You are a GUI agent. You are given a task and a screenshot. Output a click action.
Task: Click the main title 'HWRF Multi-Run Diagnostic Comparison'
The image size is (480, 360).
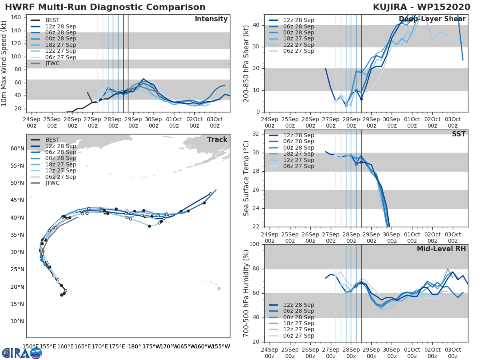click(x=105, y=7)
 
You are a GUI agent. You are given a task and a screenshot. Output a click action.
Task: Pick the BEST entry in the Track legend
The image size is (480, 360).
click(x=52, y=140)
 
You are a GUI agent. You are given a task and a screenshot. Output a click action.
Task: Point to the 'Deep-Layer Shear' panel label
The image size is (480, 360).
click(x=432, y=19)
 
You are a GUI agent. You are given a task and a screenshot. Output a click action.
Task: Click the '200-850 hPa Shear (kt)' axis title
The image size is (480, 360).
click(x=247, y=63)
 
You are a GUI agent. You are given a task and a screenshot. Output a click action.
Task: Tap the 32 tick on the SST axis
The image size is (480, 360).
click(x=256, y=134)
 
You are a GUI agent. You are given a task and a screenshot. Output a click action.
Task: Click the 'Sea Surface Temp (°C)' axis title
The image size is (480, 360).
click(x=247, y=178)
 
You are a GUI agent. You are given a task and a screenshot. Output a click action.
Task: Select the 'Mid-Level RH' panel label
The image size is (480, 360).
click(x=441, y=249)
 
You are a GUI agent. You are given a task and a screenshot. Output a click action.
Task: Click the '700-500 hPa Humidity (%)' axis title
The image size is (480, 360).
click(x=247, y=293)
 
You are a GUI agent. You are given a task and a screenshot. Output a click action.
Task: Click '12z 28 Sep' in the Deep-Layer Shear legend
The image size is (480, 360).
click(x=298, y=20)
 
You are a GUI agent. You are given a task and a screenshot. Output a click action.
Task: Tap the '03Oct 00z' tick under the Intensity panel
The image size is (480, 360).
click(x=214, y=122)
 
